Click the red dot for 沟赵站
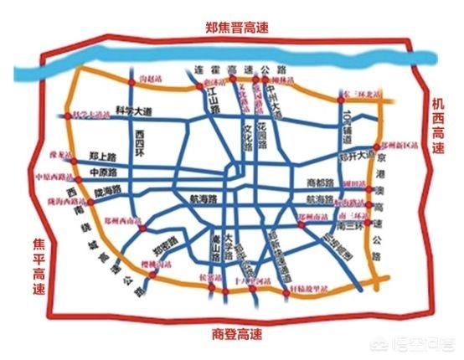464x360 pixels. (x=131, y=81)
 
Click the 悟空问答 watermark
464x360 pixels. (x=423, y=344)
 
